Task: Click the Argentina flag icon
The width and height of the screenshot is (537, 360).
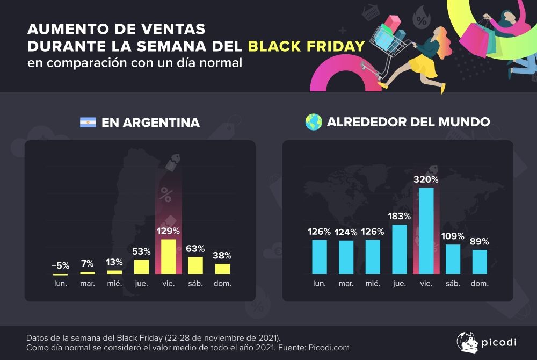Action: coord(88,123)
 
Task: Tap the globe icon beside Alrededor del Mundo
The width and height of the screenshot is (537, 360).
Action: coord(313,122)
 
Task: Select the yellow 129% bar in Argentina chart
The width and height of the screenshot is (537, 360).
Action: coord(168,257)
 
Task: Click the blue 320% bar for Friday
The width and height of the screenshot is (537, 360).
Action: coord(426,231)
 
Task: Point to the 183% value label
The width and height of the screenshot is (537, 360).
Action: coord(399,216)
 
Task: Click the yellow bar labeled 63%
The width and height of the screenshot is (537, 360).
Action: coord(195,265)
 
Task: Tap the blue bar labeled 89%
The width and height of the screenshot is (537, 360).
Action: coord(480,262)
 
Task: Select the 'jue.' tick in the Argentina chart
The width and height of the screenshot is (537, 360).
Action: coord(141,283)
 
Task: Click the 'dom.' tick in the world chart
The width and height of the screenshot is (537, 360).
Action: coord(480,283)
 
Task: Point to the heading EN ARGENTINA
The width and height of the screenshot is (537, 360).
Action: coord(150,123)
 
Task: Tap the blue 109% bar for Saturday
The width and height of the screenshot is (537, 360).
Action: coord(453,259)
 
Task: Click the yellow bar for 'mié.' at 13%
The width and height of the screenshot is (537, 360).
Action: coord(114,272)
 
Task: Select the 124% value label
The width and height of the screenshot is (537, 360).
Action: coord(345,232)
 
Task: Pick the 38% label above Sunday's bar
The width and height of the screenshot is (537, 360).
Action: coord(222,255)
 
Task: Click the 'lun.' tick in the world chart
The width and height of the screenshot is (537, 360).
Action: coord(319,283)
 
